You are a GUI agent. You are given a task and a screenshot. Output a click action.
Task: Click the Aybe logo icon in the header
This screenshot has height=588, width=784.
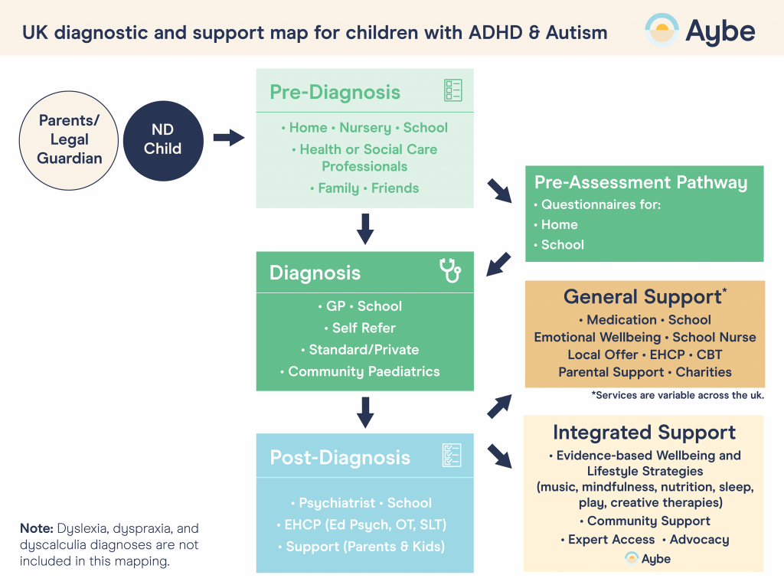pos(661,30)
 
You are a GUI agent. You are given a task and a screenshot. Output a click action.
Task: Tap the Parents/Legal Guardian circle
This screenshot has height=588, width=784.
pos(70,139)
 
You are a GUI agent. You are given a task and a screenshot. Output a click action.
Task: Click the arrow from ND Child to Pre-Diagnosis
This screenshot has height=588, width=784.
pos(227,138)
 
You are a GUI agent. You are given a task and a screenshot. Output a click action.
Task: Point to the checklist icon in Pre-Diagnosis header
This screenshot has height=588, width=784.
pos(453,91)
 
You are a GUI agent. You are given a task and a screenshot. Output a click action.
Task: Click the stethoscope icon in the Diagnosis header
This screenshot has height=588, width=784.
pos(450,271)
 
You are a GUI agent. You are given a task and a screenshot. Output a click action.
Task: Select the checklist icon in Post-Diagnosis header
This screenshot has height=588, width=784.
pos(452,456)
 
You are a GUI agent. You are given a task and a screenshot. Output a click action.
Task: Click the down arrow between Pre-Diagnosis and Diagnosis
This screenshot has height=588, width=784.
pos(365,229)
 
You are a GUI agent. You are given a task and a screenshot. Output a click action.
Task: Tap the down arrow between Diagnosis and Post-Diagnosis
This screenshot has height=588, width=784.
pos(365,412)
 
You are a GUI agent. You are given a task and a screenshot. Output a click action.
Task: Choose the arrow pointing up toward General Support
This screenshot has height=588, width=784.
pos(500,407)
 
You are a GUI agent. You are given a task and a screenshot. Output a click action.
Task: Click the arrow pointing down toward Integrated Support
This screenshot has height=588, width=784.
pos(500,456)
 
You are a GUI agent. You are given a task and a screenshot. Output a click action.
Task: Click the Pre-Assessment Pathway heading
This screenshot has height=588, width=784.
pos(640,182)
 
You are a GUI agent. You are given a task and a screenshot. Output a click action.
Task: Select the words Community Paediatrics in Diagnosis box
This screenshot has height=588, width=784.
pos(364,371)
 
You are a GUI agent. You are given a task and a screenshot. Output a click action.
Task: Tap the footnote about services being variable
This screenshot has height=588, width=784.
pos(678,395)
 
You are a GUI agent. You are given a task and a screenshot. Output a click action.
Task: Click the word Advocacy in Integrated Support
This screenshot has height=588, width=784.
pos(699,539)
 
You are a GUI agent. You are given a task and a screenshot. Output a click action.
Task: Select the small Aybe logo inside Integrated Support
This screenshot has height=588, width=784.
pos(647,558)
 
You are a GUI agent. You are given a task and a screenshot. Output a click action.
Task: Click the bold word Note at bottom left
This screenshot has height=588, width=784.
pos(36,528)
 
